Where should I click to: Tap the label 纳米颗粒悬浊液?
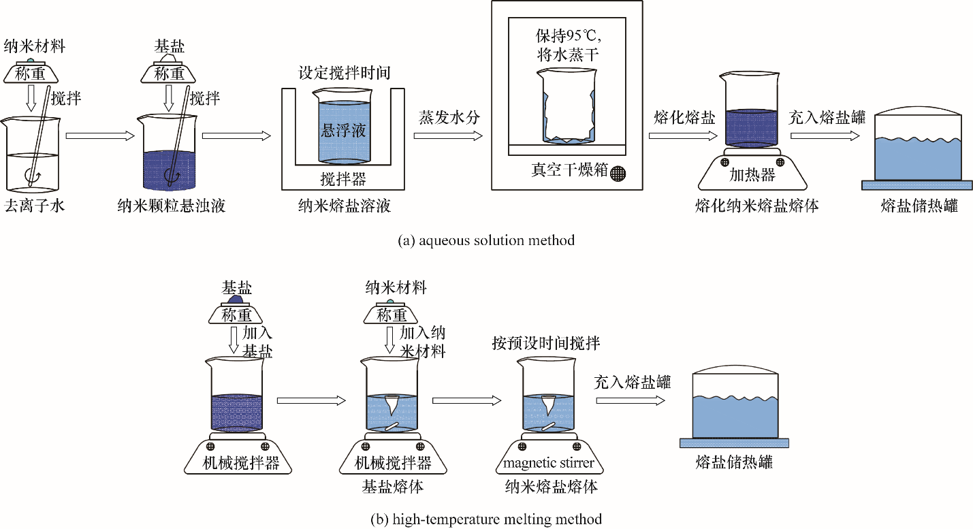coord(171,205)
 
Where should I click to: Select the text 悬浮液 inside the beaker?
coord(343,130)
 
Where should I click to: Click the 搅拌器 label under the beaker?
coord(343,180)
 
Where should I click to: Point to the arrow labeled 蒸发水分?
coord(449,135)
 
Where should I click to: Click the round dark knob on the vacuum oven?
coord(618,173)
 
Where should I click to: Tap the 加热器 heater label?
coord(752,175)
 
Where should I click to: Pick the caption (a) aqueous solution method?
coord(486,240)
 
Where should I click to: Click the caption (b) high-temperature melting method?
coord(486,519)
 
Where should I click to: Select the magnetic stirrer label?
coord(549,464)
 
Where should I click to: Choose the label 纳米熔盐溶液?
coord(343,205)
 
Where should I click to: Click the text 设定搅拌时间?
coord(344,73)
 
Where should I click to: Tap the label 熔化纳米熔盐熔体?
coord(756,205)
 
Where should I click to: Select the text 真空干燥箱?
coord(569,170)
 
